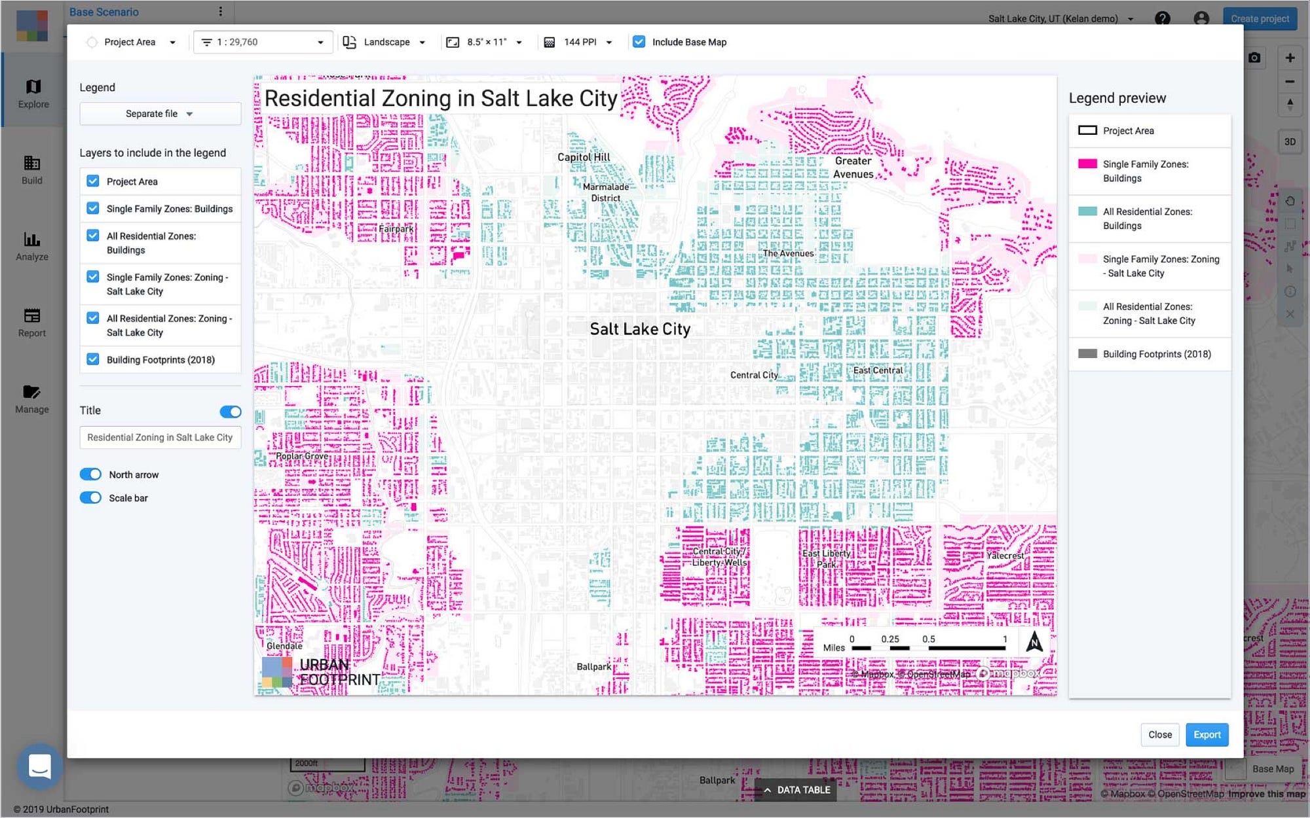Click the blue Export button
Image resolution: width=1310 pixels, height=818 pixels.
pyautogui.click(x=1207, y=734)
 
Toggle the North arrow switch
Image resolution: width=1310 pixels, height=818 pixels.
pyautogui.click(x=90, y=474)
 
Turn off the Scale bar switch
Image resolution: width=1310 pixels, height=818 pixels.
pyautogui.click(x=90, y=498)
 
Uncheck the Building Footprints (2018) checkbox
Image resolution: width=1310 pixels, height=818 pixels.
pyautogui.click(x=93, y=359)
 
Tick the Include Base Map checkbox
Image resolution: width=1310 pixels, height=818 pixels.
pyautogui.click(x=639, y=42)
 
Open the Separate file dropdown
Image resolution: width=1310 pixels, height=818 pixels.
pyautogui.click(x=160, y=114)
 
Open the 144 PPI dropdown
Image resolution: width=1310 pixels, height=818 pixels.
pyautogui.click(x=580, y=42)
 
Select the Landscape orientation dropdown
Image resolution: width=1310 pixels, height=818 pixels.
pyautogui.click(x=385, y=42)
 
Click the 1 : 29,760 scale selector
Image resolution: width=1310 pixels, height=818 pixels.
pyautogui.click(x=263, y=42)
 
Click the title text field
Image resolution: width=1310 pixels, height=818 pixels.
pyautogui.click(x=160, y=437)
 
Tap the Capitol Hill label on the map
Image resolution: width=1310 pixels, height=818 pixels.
pyautogui.click(x=584, y=157)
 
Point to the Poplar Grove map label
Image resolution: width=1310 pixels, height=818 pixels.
pyautogui.click(x=302, y=456)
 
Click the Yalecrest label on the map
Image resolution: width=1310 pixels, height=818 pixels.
pyautogui.click(x=1005, y=556)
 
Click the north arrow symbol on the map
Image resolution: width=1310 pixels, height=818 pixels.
pyautogui.click(x=1034, y=642)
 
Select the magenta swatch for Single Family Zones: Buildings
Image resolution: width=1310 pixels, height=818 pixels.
pyautogui.click(x=1087, y=164)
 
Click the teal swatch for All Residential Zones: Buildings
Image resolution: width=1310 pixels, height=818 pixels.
pyautogui.click(x=1087, y=211)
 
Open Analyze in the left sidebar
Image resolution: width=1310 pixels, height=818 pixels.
pyautogui.click(x=32, y=246)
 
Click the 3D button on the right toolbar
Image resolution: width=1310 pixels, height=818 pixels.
pyautogui.click(x=1289, y=141)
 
